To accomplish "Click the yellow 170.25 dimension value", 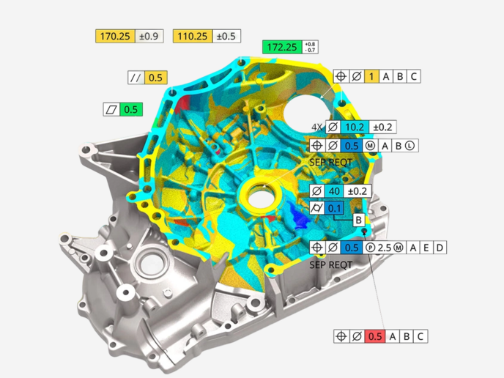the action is tap(115, 36).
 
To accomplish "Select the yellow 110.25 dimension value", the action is tap(193, 36).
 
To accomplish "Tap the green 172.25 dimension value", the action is tap(282, 47).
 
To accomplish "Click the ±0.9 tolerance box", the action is tap(149, 36).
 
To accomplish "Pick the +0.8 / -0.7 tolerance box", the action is tap(310, 47).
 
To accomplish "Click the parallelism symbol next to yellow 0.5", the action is tap(136, 78).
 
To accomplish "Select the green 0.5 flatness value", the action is tap(131, 110).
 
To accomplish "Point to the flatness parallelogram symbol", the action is tap(111, 110).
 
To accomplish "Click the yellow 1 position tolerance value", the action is tap(371, 76).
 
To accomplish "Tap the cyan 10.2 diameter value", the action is tap(355, 127).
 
